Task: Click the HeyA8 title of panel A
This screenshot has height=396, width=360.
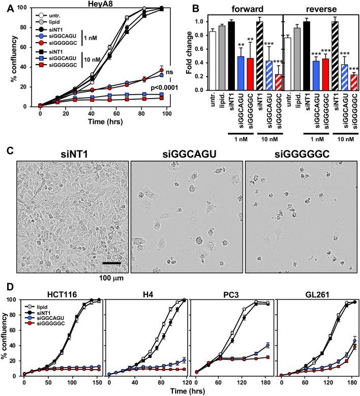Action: [x=110, y=4]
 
